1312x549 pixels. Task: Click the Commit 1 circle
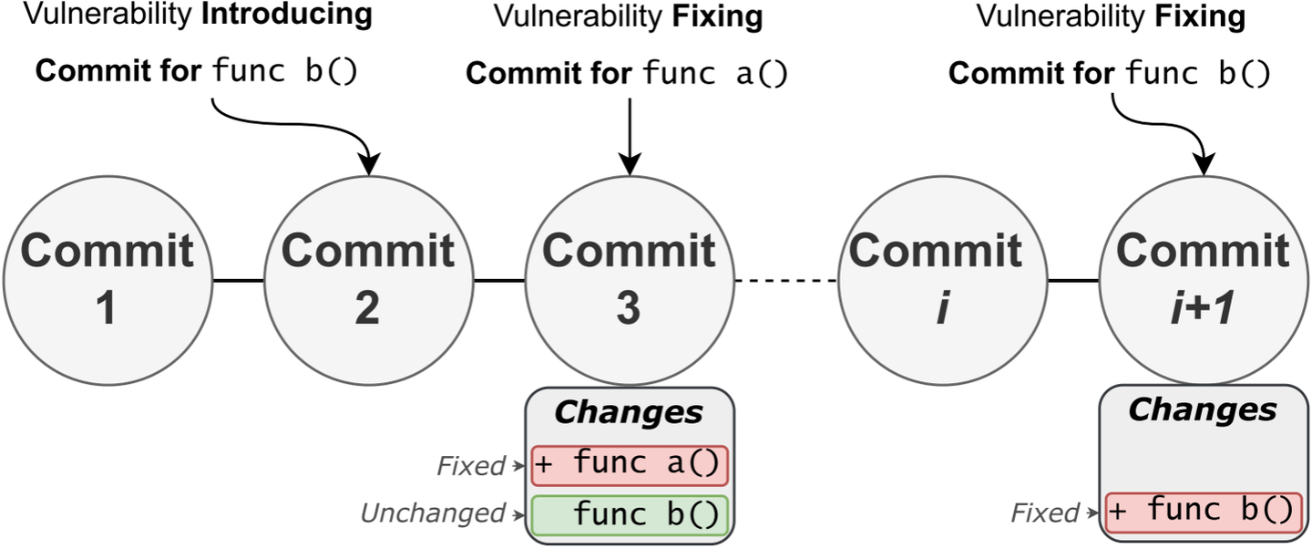click(x=107, y=279)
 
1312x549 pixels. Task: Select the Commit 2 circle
click(x=367, y=279)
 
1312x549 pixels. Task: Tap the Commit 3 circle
click(x=629, y=279)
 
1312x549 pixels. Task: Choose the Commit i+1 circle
click(x=1204, y=279)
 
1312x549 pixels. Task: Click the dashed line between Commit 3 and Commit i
click(x=785, y=280)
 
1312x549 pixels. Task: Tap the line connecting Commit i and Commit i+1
click(x=1072, y=280)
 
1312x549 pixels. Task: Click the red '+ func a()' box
click(x=630, y=466)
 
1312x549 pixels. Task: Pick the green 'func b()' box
click(x=630, y=514)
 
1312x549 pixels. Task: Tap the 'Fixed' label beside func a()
click(x=470, y=467)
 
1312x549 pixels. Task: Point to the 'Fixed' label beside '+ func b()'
click(x=1045, y=513)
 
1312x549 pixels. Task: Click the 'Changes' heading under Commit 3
click(x=629, y=412)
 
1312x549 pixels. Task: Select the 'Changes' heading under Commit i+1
click(x=1203, y=409)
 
